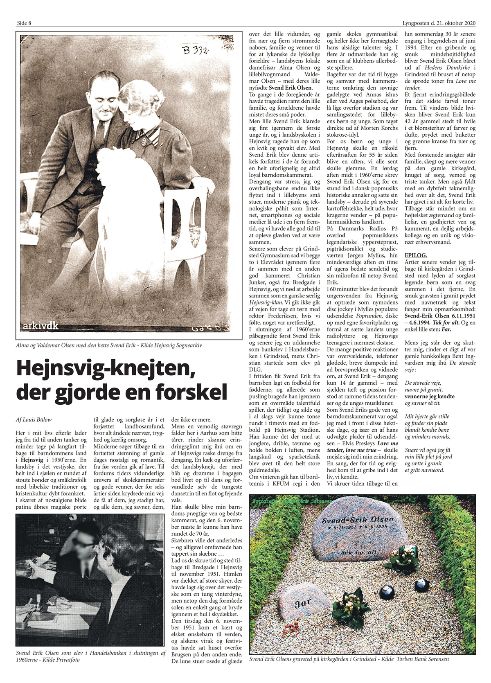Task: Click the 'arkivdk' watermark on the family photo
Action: [x=41, y=326]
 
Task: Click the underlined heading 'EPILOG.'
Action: [x=416, y=255]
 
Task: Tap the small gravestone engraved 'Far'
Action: [x=303, y=603]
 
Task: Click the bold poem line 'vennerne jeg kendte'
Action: [x=429, y=396]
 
